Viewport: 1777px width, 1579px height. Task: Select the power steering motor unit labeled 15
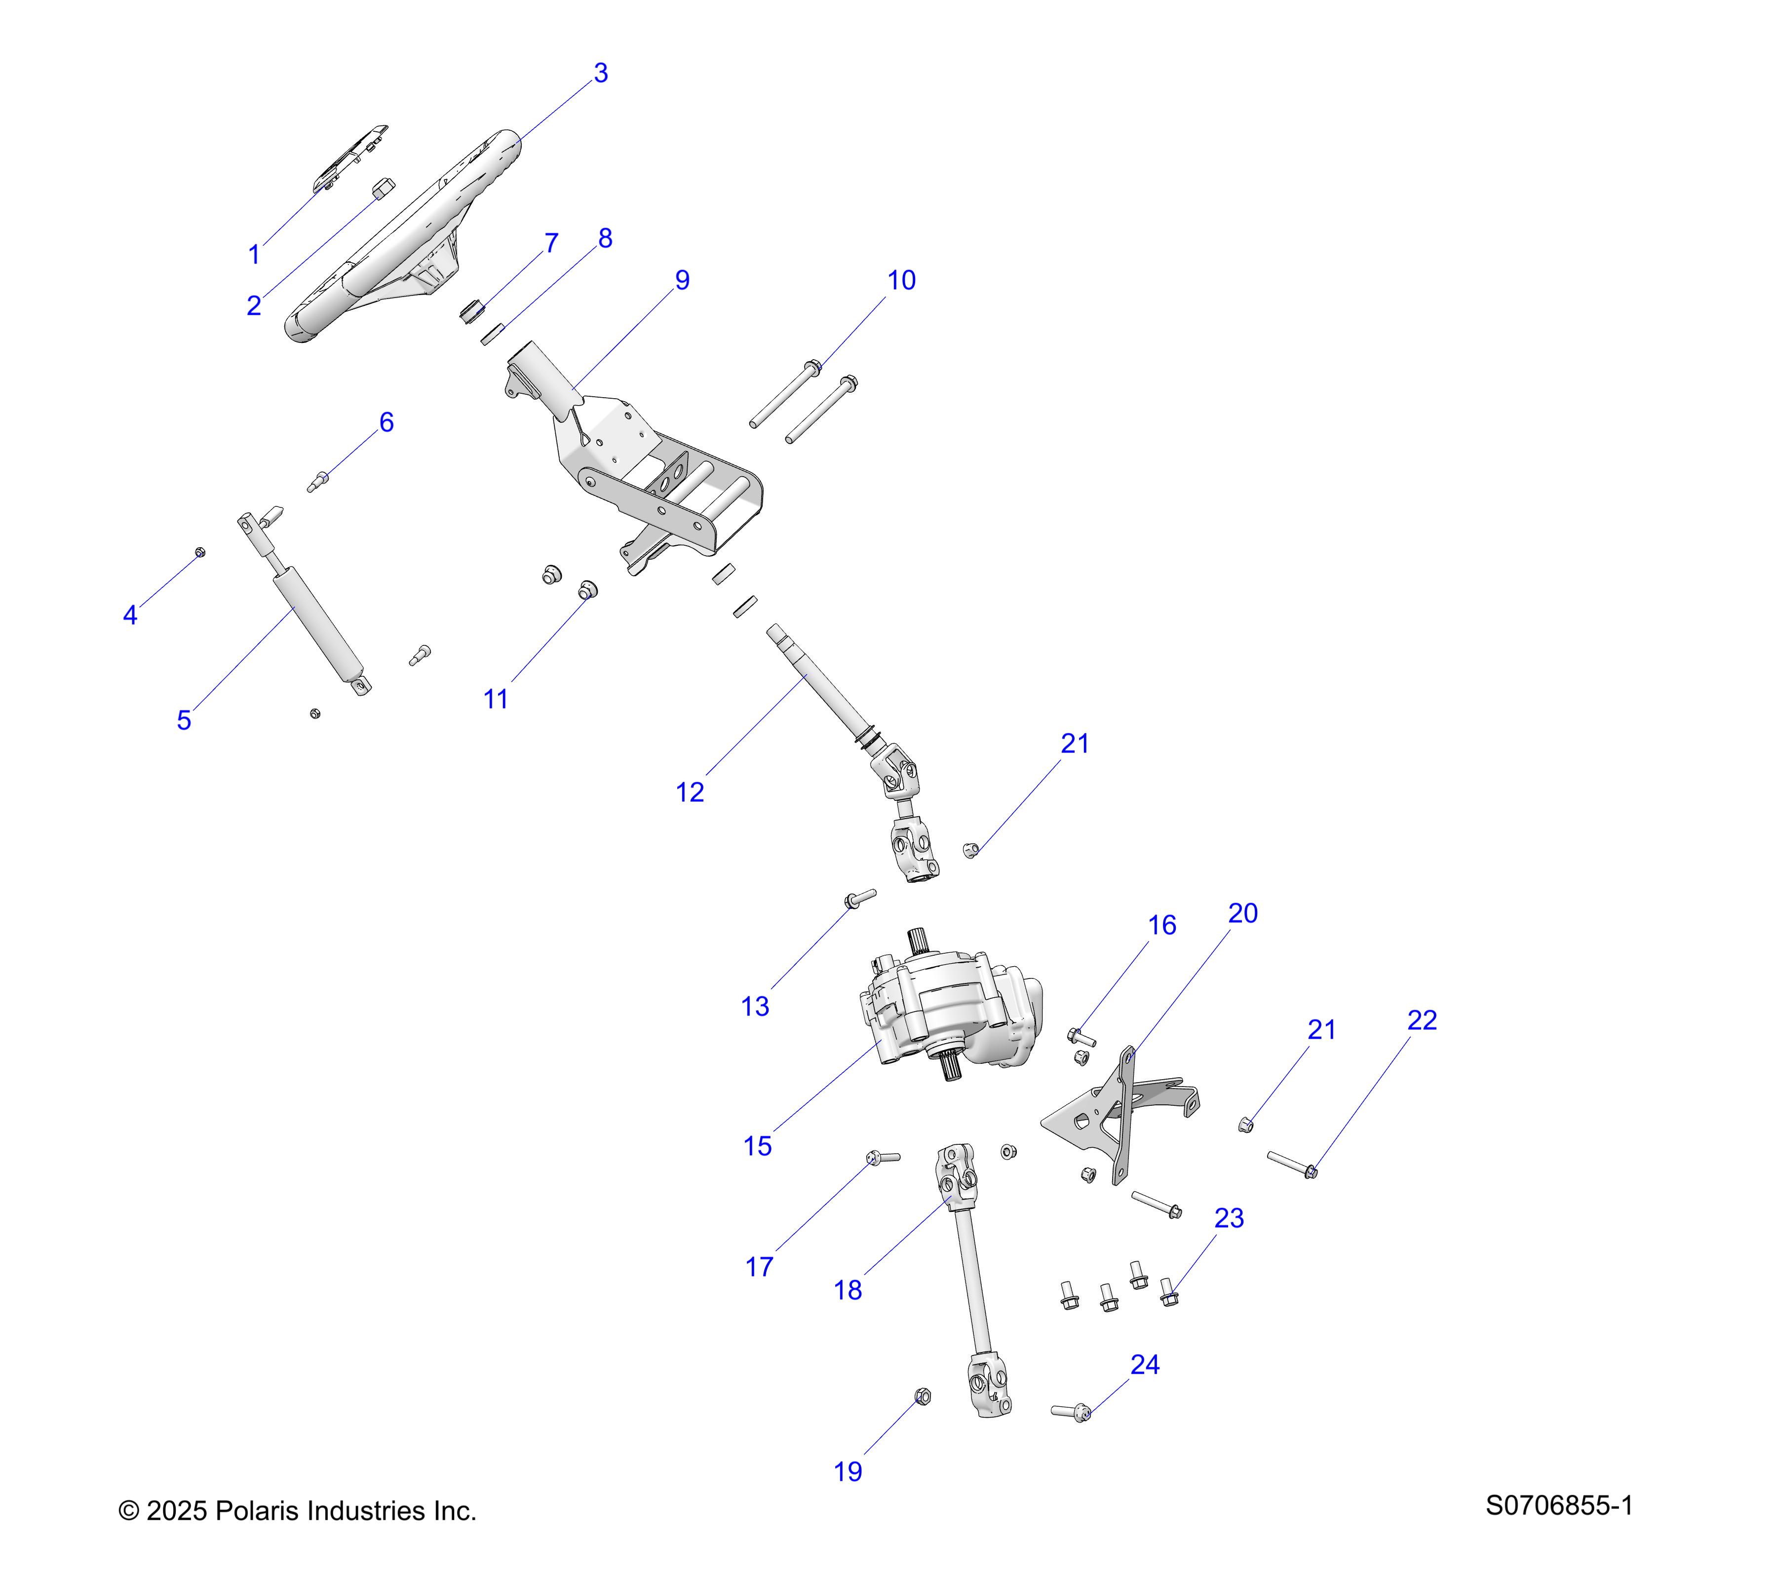click(948, 1013)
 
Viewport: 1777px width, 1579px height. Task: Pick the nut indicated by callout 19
click(923, 1396)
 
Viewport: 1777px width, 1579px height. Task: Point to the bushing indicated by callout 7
click(471, 309)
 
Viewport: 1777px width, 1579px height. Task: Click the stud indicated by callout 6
click(318, 480)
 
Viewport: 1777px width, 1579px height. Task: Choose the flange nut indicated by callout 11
click(588, 590)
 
